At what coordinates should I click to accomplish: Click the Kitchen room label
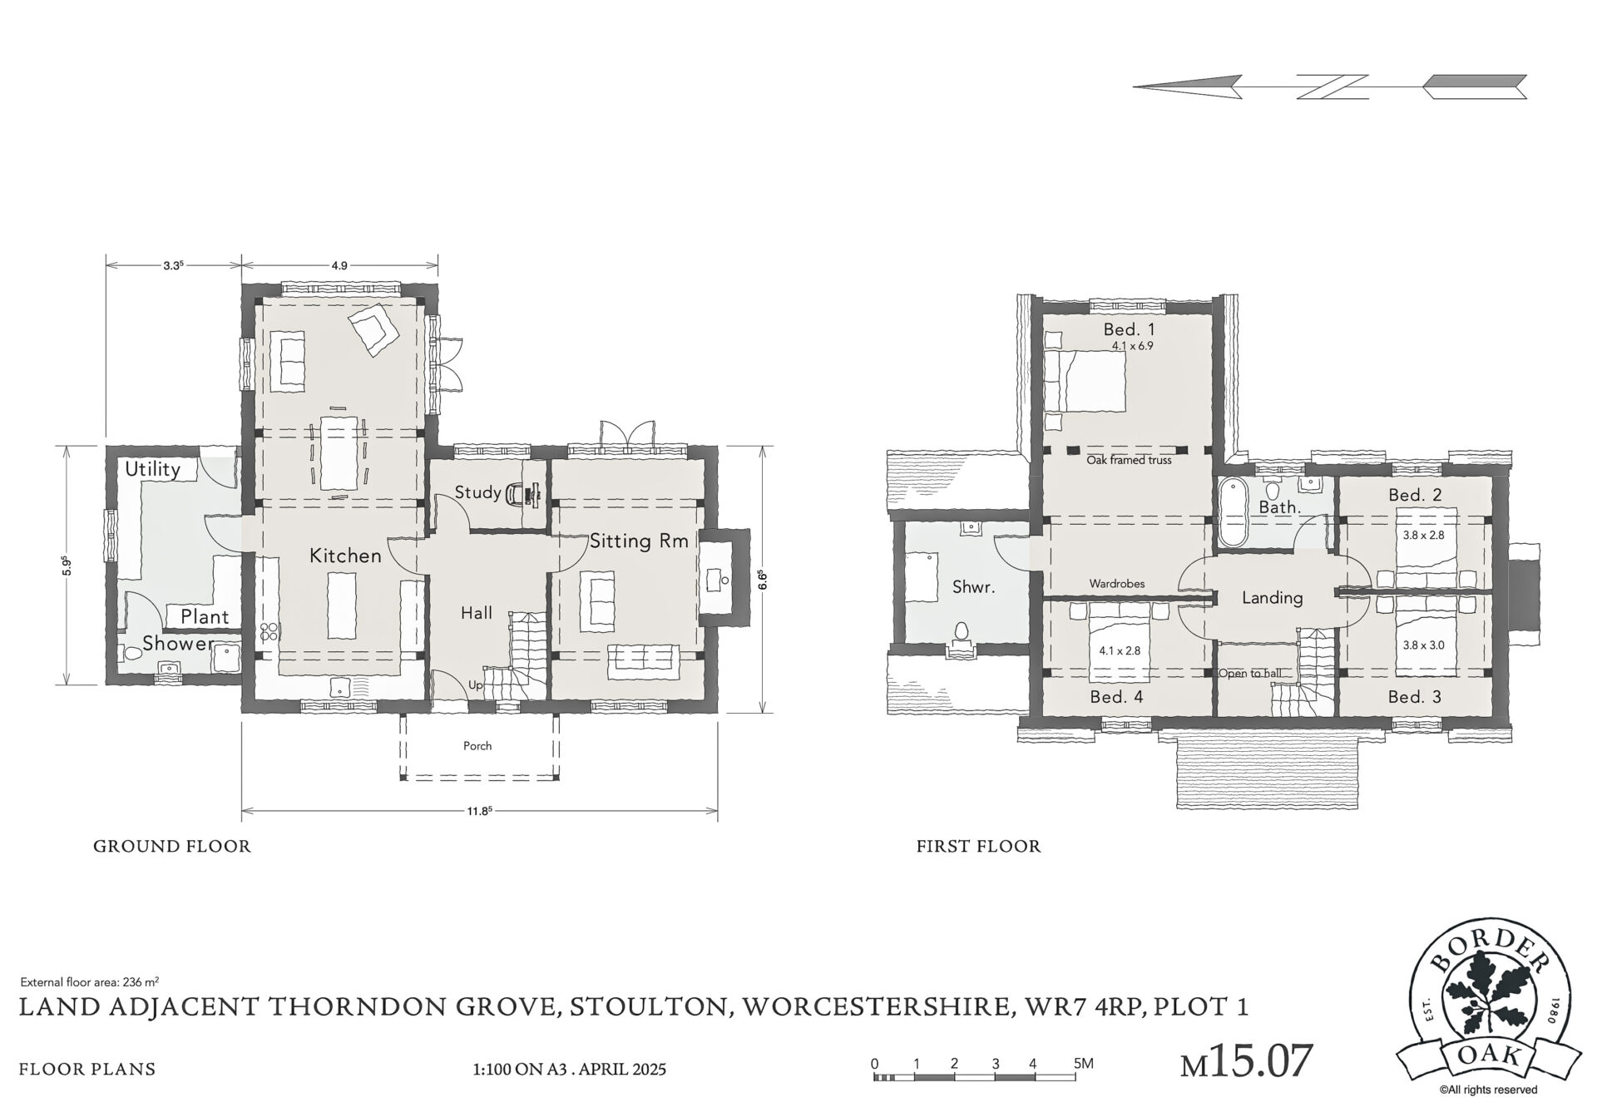345,555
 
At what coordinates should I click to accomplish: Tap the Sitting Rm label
639,541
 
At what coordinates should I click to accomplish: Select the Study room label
477,492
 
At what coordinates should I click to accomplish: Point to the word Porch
477,746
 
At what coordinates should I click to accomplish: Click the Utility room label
152,470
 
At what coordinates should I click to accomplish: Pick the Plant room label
205,616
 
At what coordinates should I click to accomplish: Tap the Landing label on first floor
1272,598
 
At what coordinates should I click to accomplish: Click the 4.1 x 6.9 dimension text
1132,346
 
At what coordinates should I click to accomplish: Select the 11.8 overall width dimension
478,810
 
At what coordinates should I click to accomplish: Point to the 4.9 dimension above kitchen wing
339,266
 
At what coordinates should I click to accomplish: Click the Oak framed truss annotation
1129,460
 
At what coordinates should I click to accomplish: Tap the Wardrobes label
1117,584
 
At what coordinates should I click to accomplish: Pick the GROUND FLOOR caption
171,847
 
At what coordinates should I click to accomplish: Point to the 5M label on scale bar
1083,1063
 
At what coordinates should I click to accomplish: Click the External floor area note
90,981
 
